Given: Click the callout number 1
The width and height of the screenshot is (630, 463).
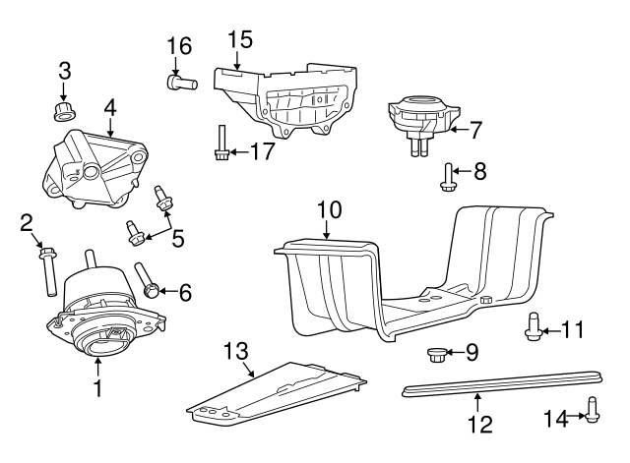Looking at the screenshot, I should pos(97,388).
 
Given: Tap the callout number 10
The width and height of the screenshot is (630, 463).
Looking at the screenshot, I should pos(329,209).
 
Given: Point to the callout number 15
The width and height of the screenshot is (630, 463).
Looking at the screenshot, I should pos(239,39).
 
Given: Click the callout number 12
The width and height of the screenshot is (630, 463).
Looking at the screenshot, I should pos(478,425).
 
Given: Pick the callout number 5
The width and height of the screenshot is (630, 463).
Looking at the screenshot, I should pos(177,237).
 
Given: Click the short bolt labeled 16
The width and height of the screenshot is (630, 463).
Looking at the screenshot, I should pos(183,84).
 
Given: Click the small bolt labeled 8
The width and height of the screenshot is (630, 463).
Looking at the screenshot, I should pos(448,175).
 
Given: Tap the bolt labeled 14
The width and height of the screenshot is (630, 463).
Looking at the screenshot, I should pos(593,408).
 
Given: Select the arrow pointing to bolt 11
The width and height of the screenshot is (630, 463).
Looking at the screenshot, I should pos(551,329).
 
